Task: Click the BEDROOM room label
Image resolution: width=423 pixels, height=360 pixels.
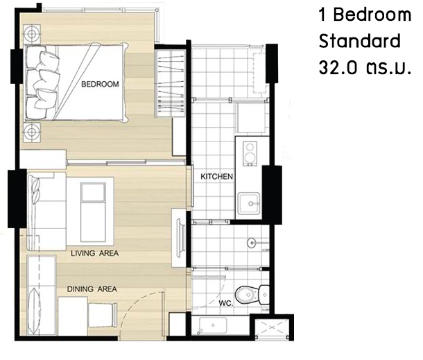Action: (x=100, y=84)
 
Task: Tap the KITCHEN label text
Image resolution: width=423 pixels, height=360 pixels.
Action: (x=216, y=176)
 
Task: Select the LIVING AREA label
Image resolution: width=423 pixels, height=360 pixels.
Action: (x=95, y=253)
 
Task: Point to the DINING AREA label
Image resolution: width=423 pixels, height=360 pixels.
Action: (x=92, y=289)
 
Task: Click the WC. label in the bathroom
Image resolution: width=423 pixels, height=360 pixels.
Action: (x=226, y=303)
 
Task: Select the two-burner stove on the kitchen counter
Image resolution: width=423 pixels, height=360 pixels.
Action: (x=250, y=153)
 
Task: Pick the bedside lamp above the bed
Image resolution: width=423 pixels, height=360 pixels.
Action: (x=32, y=34)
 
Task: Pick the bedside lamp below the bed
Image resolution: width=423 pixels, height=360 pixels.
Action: (x=32, y=132)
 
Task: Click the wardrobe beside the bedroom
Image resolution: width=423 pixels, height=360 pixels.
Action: (x=170, y=81)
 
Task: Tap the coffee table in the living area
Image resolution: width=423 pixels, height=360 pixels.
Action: (x=93, y=212)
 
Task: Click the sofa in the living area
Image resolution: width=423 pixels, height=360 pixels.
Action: (x=46, y=212)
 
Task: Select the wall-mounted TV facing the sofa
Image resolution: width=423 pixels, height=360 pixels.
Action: (x=180, y=239)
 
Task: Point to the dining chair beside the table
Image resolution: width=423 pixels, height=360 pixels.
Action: (x=103, y=315)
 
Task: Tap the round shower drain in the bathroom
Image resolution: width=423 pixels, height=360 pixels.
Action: (x=252, y=242)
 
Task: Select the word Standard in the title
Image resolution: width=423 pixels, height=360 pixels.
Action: (x=359, y=41)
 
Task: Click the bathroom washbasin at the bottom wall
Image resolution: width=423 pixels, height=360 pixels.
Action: (x=213, y=325)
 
